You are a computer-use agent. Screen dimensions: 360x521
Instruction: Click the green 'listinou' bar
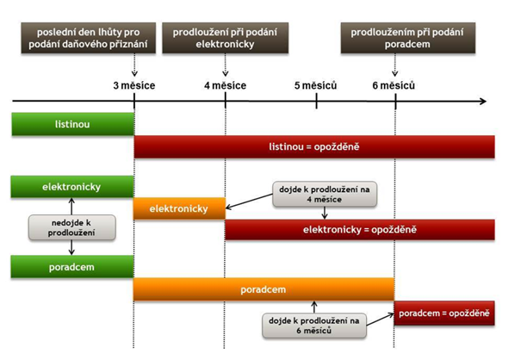(x=72, y=125)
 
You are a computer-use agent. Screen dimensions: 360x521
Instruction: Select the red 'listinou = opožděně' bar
(x=314, y=147)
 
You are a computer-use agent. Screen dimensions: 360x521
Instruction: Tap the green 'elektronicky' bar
(x=72, y=187)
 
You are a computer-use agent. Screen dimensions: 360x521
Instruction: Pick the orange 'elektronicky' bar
(x=179, y=208)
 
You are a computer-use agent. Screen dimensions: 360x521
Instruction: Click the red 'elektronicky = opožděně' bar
(x=359, y=230)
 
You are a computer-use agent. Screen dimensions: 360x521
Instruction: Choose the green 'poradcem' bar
(x=72, y=267)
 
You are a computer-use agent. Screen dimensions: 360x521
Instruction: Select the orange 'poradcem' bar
(x=264, y=289)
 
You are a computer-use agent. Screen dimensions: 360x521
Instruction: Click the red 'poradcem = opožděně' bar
(x=444, y=313)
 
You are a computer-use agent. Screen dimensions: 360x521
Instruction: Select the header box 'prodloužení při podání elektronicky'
(x=226, y=39)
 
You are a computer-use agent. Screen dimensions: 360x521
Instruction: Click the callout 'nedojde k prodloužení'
(x=59, y=227)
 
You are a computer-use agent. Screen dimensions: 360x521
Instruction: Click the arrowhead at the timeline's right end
(x=482, y=102)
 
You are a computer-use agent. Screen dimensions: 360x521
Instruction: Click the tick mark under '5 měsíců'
(x=317, y=102)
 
